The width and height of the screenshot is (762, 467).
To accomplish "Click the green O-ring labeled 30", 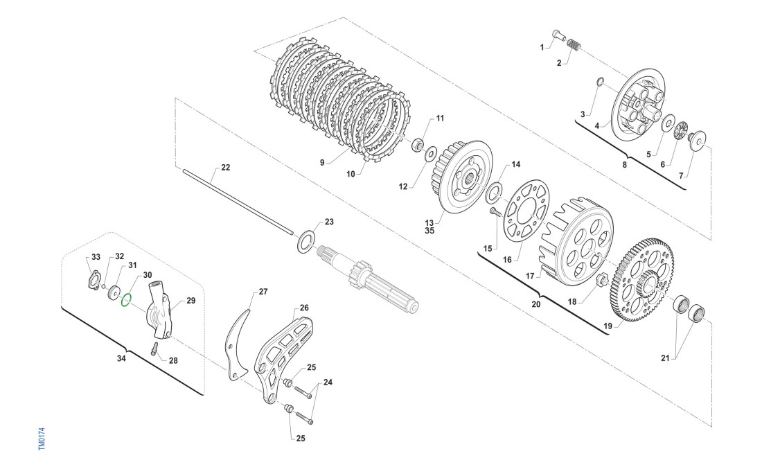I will tap(125, 299).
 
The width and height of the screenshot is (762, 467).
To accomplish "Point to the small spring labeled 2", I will tap(574, 45).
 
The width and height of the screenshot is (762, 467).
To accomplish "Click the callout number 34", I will tap(121, 358).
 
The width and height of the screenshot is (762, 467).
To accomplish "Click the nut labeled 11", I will tap(418, 146).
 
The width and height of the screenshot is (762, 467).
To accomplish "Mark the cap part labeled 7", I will tap(696, 142).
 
